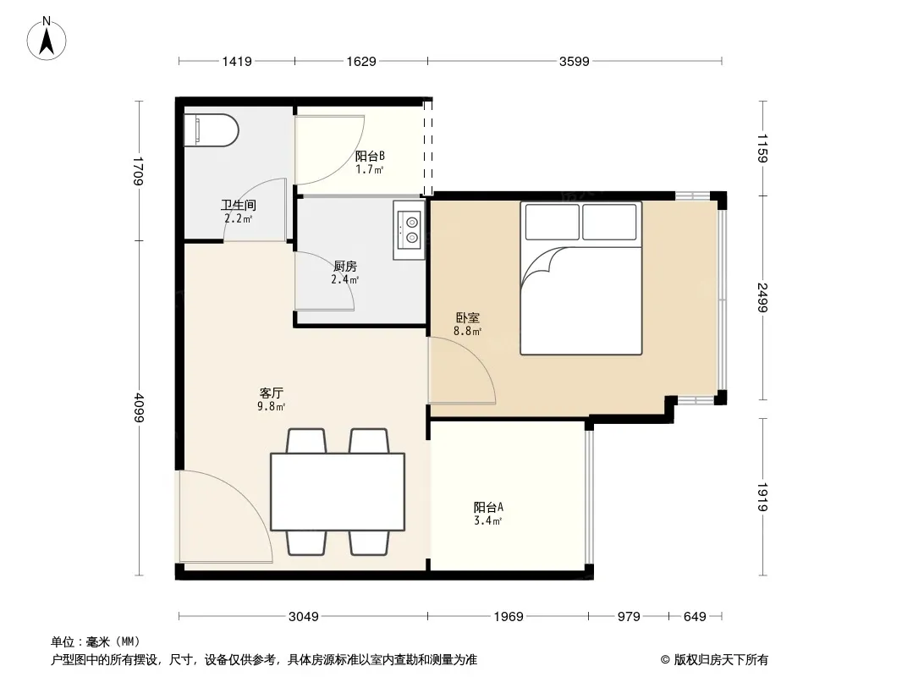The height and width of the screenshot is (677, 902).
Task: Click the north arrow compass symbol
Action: (x=47, y=39)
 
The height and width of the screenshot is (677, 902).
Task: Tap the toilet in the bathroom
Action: (x=212, y=130)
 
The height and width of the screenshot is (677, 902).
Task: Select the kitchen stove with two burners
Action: (x=409, y=230)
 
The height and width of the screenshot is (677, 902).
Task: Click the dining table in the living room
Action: (x=338, y=492)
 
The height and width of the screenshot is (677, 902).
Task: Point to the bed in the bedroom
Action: (x=581, y=278)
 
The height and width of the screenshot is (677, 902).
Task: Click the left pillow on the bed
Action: (x=553, y=222)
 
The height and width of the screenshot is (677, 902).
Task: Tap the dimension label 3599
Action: (x=574, y=62)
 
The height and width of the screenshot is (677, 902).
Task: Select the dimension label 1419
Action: (x=237, y=62)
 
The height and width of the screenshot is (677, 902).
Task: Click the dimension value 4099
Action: (x=139, y=407)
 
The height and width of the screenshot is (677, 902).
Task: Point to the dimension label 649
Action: (x=695, y=617)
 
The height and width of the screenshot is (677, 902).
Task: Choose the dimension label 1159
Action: (x=762, y=148)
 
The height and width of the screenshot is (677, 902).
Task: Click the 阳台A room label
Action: (x=488, y=507)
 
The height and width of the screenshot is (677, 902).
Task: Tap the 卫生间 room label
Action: (x=238, y=205)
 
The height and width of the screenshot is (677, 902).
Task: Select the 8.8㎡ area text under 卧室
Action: (x=467, y=331)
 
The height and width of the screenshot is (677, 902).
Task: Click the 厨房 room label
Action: (x=345, y=266)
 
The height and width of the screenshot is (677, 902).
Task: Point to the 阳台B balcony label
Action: (x=370, y=156)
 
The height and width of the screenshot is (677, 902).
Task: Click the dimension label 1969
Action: (x=509, y=617)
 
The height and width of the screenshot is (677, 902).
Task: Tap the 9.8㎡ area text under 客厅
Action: (x=271, y=407)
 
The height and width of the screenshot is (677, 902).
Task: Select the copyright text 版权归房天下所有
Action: (x=721, y=660)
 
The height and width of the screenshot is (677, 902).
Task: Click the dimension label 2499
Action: (x=762, y=297)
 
